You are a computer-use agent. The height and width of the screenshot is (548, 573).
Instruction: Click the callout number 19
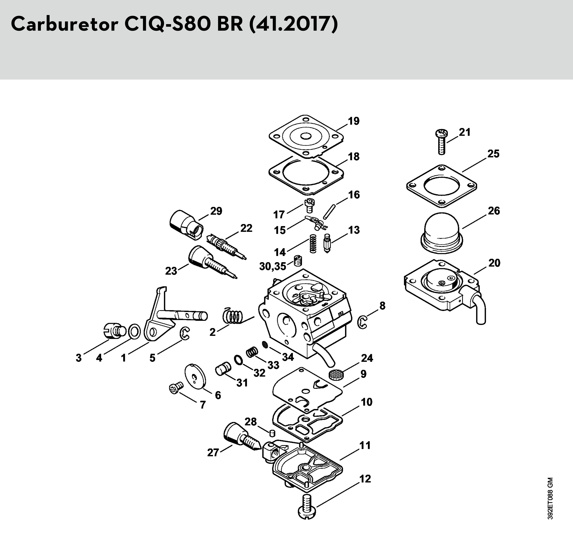[x=354, y=121]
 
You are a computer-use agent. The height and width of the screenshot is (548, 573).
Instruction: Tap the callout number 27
[x=213, y=452]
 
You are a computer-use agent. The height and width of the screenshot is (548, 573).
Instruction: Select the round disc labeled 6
[x=195, y=376]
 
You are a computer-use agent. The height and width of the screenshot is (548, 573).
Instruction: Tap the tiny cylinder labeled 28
[x=272, y=432]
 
